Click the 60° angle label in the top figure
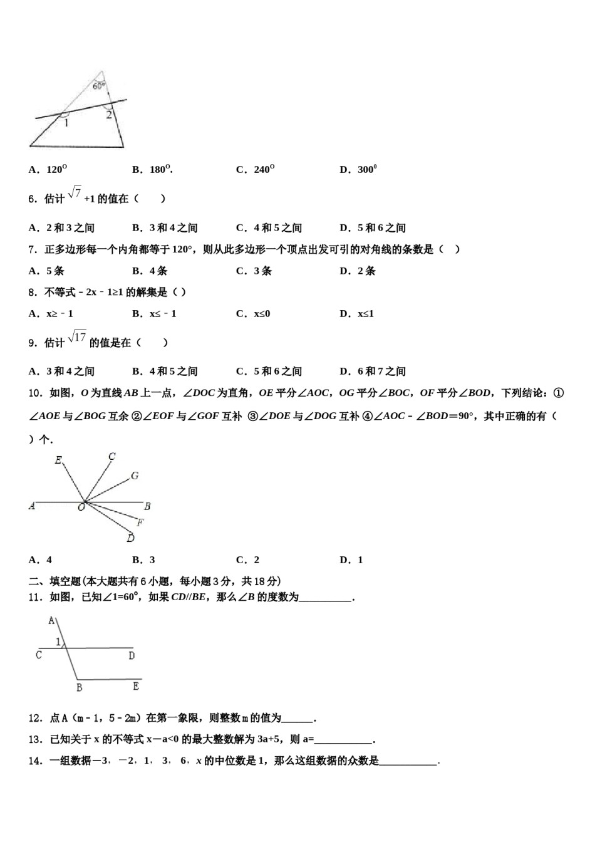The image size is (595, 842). click(99, 86)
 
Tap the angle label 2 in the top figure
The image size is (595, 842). click(108, 115)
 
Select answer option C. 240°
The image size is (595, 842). click(256, 169)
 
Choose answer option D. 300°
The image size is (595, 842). click(358, 169)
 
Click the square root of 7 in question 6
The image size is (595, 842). click(75, 194)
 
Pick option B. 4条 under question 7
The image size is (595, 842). click(150, 271)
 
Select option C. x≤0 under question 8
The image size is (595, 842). click(253, 313)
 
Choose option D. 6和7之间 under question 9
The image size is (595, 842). click(373, 371)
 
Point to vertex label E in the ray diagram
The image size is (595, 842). click(58, 460)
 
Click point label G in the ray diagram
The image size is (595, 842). click(135, 476)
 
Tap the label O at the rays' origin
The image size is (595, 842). click(81, 507)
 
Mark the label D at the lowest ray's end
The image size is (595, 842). click(130, 538)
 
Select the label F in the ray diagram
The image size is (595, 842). click(140, 522)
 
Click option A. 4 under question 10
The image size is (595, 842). click(41, 559)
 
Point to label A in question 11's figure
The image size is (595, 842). click(51, 621)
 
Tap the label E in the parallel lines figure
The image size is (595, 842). click(136, 687)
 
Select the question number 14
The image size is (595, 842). click(35, 761)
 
